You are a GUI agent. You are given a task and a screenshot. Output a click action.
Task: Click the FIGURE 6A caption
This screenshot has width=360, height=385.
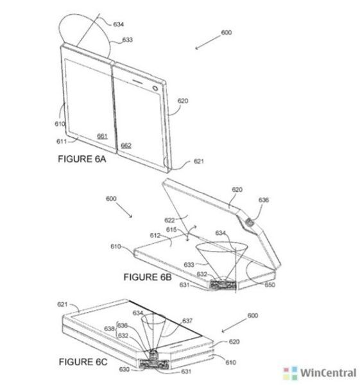(82, 159)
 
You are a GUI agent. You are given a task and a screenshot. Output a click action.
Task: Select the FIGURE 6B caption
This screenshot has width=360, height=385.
(148, 277)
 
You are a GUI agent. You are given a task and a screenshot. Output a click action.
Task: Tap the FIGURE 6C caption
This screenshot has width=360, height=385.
(83, 362)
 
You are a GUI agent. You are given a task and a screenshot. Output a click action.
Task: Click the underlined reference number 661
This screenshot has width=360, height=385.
(102, 136)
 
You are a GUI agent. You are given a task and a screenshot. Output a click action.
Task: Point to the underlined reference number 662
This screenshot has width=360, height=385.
(126, 146)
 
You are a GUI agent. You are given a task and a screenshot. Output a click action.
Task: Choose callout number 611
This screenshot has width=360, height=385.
(62, 141)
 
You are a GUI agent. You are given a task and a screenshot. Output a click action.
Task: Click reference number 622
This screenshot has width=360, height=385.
(169, 220)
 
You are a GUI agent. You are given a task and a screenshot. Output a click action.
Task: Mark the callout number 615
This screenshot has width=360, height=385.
(171, 230)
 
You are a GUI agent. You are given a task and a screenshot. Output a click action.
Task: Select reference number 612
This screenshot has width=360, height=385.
(155, 235)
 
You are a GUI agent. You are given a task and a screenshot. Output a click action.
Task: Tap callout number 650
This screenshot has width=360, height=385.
(270, 285)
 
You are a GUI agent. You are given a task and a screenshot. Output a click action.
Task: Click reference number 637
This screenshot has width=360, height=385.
(187, 321)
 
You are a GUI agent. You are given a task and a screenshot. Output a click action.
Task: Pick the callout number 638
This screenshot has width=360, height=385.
(109, 329)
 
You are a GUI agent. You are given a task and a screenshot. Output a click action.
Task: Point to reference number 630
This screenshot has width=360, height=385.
(124, 370)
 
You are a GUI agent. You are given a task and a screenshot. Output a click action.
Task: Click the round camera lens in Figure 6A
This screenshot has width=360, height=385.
(155, 88)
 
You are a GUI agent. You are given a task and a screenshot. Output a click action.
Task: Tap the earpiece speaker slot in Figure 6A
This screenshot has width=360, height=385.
(137, 81)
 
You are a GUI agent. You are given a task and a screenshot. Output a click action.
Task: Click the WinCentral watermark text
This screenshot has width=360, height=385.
(328, 373)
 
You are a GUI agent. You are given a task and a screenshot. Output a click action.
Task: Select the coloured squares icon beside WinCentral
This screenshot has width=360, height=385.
(290, 373)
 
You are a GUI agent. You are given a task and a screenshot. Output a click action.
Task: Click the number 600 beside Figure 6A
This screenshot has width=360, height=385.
(226, 33)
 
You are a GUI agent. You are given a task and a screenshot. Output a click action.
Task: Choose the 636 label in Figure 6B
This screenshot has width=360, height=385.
(264, 200)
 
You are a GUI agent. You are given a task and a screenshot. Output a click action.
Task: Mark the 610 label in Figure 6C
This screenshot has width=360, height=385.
(230, 362)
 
